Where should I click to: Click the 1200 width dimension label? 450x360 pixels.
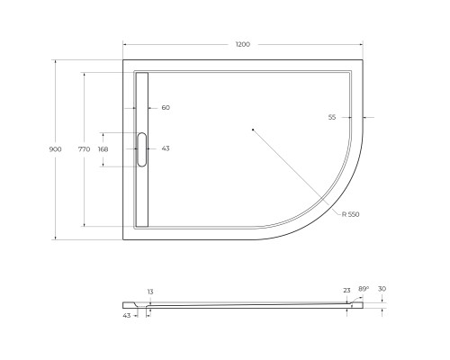coord(243,44)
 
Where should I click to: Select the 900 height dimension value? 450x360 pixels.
coord(55,149)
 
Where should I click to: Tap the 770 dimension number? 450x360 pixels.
coord(84,149)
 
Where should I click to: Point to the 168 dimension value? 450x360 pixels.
coord(103,149)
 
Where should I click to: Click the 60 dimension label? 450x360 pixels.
coord(166,107)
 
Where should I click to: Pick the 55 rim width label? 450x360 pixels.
coord(332,117)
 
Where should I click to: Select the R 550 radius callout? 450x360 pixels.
coord(350,214)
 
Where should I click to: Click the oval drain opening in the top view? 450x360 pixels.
coord(141,149)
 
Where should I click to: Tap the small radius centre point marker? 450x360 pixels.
coord(253,130)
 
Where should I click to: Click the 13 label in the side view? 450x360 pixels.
coord(150,292)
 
